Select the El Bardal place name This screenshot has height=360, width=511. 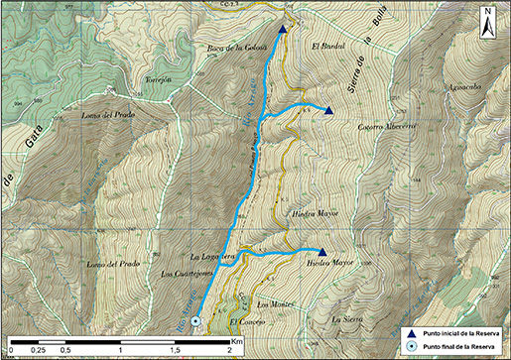(326, 47)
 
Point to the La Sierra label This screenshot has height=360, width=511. (347, 318)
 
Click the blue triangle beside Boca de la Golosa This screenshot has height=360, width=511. (283, 30)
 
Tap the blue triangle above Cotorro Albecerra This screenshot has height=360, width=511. (329, 110)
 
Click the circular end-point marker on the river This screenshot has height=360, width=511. (195, 320)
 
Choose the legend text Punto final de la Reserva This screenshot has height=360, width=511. (458, 347)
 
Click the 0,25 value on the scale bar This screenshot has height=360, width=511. (39, 350)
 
